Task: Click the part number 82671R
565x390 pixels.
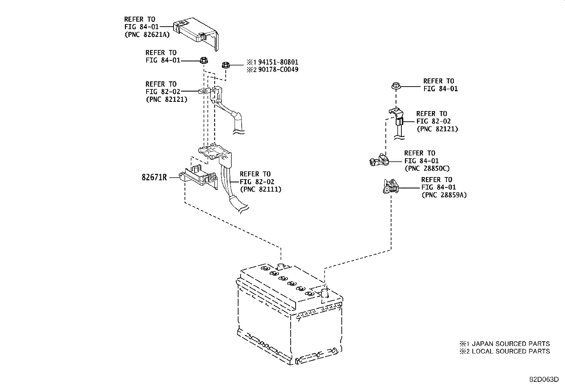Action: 154,177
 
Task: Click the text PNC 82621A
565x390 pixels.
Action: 147,34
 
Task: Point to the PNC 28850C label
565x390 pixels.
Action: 427,169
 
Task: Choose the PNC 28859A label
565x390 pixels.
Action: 444,195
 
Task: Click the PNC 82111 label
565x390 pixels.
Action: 260,189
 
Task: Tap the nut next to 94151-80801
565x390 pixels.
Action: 225,65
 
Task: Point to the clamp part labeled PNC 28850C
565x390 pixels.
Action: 378,160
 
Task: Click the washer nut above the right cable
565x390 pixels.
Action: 396,86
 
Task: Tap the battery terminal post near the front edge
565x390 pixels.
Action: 324,293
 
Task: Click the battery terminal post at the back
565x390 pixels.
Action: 280,267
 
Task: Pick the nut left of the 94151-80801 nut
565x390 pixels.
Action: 203,60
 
